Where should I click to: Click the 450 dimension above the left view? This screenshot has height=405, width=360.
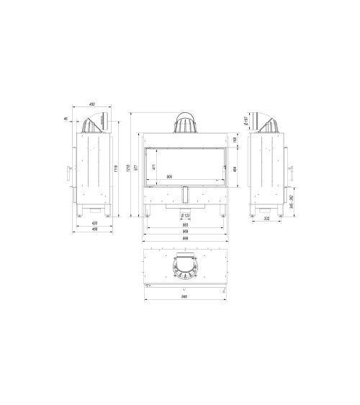point(91,105)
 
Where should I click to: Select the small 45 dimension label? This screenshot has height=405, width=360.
point(66,119)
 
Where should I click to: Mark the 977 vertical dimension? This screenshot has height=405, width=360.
point(137,168)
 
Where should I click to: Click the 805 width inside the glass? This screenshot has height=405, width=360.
point(169,176)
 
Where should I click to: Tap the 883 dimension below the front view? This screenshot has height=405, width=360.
point(186,225)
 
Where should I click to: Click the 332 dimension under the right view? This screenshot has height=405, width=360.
point(266,219)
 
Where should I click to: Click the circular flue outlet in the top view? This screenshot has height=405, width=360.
point(186,268)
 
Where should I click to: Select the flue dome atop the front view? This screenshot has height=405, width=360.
point(186,123)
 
